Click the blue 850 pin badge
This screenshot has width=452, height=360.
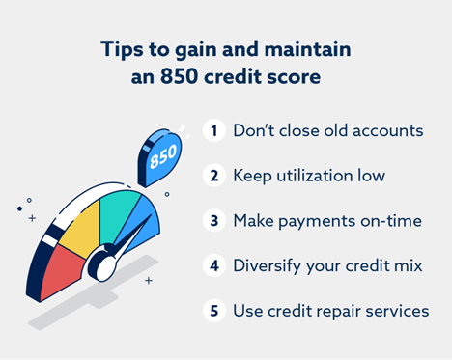tap(161, 157)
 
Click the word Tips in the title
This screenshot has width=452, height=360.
tap(123, 49)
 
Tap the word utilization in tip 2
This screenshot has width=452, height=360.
tap(308, 176)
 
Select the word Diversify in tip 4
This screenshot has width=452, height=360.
tap(269, 266)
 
